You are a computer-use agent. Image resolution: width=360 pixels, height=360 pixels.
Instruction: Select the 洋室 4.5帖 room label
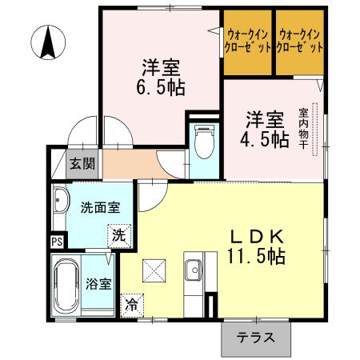(x=265, y=128)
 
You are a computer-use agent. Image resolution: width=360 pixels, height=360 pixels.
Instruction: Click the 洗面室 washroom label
(x=99, y=207)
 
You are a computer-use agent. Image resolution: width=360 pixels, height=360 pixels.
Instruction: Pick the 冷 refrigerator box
(x=130, y=305)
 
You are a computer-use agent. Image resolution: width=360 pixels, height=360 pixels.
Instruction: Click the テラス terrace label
(x=255, y=338)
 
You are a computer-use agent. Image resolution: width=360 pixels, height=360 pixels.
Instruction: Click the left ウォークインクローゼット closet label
(x=246, y=41)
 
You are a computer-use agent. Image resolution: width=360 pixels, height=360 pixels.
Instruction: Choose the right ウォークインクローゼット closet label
(x=300, y=41)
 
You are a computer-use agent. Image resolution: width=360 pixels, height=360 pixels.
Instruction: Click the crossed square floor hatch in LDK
(x=152, y=270)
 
